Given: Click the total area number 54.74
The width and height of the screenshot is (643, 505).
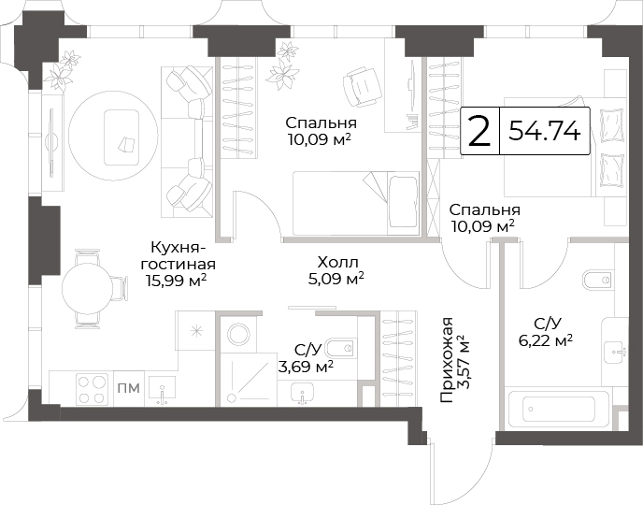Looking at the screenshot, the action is point(544,131).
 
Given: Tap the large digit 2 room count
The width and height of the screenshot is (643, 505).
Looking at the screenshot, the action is point(479,131).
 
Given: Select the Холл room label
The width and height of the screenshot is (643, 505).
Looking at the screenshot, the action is point(337,262).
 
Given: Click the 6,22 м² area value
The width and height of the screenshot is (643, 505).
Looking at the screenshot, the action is point(546,340).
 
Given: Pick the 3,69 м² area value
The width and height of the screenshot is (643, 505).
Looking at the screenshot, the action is point(306,366).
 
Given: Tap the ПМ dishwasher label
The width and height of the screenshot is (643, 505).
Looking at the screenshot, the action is point(129,388).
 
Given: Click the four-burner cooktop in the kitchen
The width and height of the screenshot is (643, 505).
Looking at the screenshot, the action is point(92,389).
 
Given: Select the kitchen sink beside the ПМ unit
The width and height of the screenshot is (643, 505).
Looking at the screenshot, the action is point(163,390).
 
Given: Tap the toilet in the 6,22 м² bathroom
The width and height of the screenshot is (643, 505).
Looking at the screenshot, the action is point(598,280).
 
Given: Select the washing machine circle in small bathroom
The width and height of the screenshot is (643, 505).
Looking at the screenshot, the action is point(237,334).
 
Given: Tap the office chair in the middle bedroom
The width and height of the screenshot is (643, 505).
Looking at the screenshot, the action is point(362,87).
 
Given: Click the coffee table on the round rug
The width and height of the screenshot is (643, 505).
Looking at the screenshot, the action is point(121,137).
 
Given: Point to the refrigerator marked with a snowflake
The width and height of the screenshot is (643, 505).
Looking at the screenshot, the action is point(197,330).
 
